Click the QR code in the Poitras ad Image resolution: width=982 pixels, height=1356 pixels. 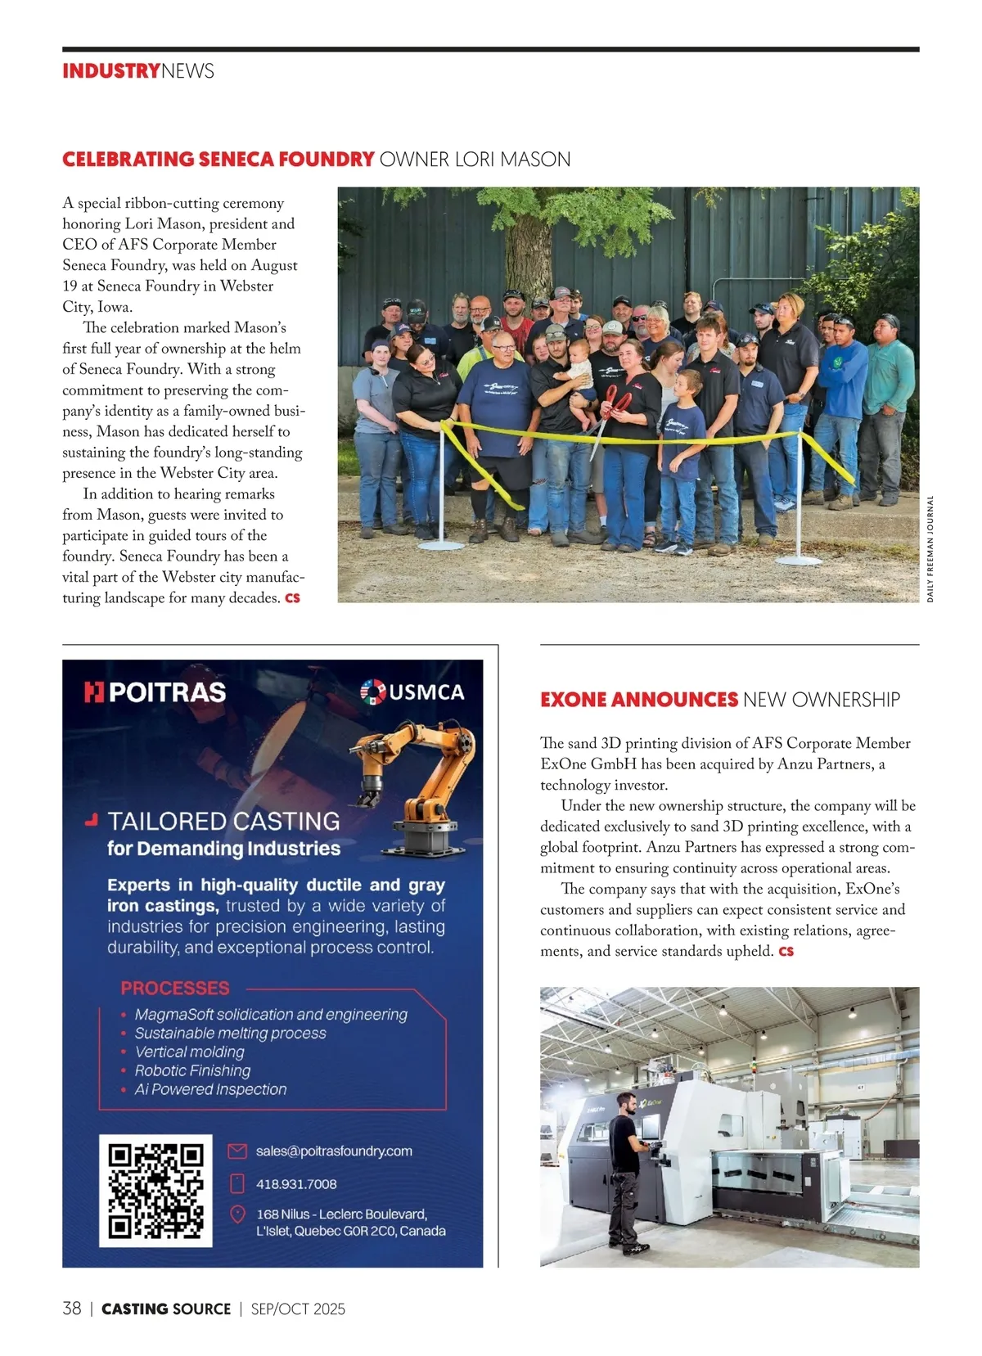155,1190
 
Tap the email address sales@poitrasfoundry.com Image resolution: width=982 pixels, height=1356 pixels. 334,1151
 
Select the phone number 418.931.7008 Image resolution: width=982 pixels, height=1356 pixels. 296,1184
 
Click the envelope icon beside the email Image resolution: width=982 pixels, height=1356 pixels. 237,1151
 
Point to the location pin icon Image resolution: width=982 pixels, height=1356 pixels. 237,1214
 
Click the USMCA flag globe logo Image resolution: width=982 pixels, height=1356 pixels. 373,692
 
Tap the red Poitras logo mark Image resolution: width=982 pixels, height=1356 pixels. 94,692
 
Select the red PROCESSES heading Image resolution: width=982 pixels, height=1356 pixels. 175,988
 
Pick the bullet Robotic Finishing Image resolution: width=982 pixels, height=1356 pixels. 193,1070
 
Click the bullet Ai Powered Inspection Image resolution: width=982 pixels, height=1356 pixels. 210,1089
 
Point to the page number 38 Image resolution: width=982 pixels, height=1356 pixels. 72,1309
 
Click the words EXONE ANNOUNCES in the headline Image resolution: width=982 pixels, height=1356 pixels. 639,700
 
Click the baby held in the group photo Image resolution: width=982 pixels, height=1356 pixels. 579,368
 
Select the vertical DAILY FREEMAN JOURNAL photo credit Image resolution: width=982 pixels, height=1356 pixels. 930,549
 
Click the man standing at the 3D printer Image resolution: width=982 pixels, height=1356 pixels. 626,1170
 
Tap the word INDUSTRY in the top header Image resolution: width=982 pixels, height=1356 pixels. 111,71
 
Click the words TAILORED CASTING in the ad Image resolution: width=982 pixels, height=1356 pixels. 223,821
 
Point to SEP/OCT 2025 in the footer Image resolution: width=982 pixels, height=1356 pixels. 298,1309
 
